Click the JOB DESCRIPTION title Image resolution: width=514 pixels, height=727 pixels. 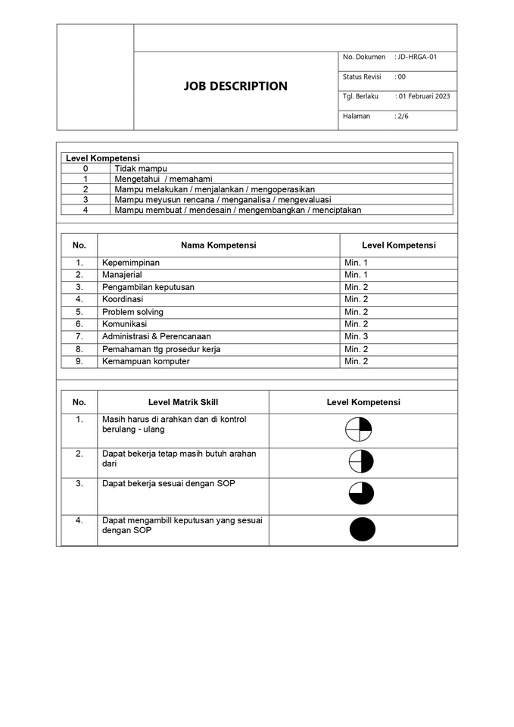coord(235,86)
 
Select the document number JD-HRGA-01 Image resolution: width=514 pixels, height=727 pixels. coord(417,58)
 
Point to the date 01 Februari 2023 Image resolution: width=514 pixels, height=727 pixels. coord(424,97)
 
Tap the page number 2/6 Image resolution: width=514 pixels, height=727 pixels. coord(403,117)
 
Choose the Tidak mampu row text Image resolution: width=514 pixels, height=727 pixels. coord(141,168)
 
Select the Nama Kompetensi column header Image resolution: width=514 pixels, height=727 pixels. coord(218,245)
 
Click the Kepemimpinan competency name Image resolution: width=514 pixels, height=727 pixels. coord(131,263)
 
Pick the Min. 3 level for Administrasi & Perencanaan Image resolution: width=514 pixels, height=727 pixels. coord(357,336)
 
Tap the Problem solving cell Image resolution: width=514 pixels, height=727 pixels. coord(132,312)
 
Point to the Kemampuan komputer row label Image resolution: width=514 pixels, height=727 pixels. coord(146,361)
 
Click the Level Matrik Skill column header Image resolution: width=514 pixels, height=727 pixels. coord(183,402)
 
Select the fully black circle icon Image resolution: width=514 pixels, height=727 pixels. coord(363,529)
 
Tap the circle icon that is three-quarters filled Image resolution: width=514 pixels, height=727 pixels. coord(361,493)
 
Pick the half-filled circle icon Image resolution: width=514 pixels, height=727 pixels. coord(361,461)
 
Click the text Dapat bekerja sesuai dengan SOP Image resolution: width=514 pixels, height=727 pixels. coord(169,483)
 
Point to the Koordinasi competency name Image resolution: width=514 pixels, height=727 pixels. coord(123,299)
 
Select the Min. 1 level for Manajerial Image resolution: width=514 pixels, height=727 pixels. coord(357,275)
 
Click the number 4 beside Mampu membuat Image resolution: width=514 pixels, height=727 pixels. coord(86,210)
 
